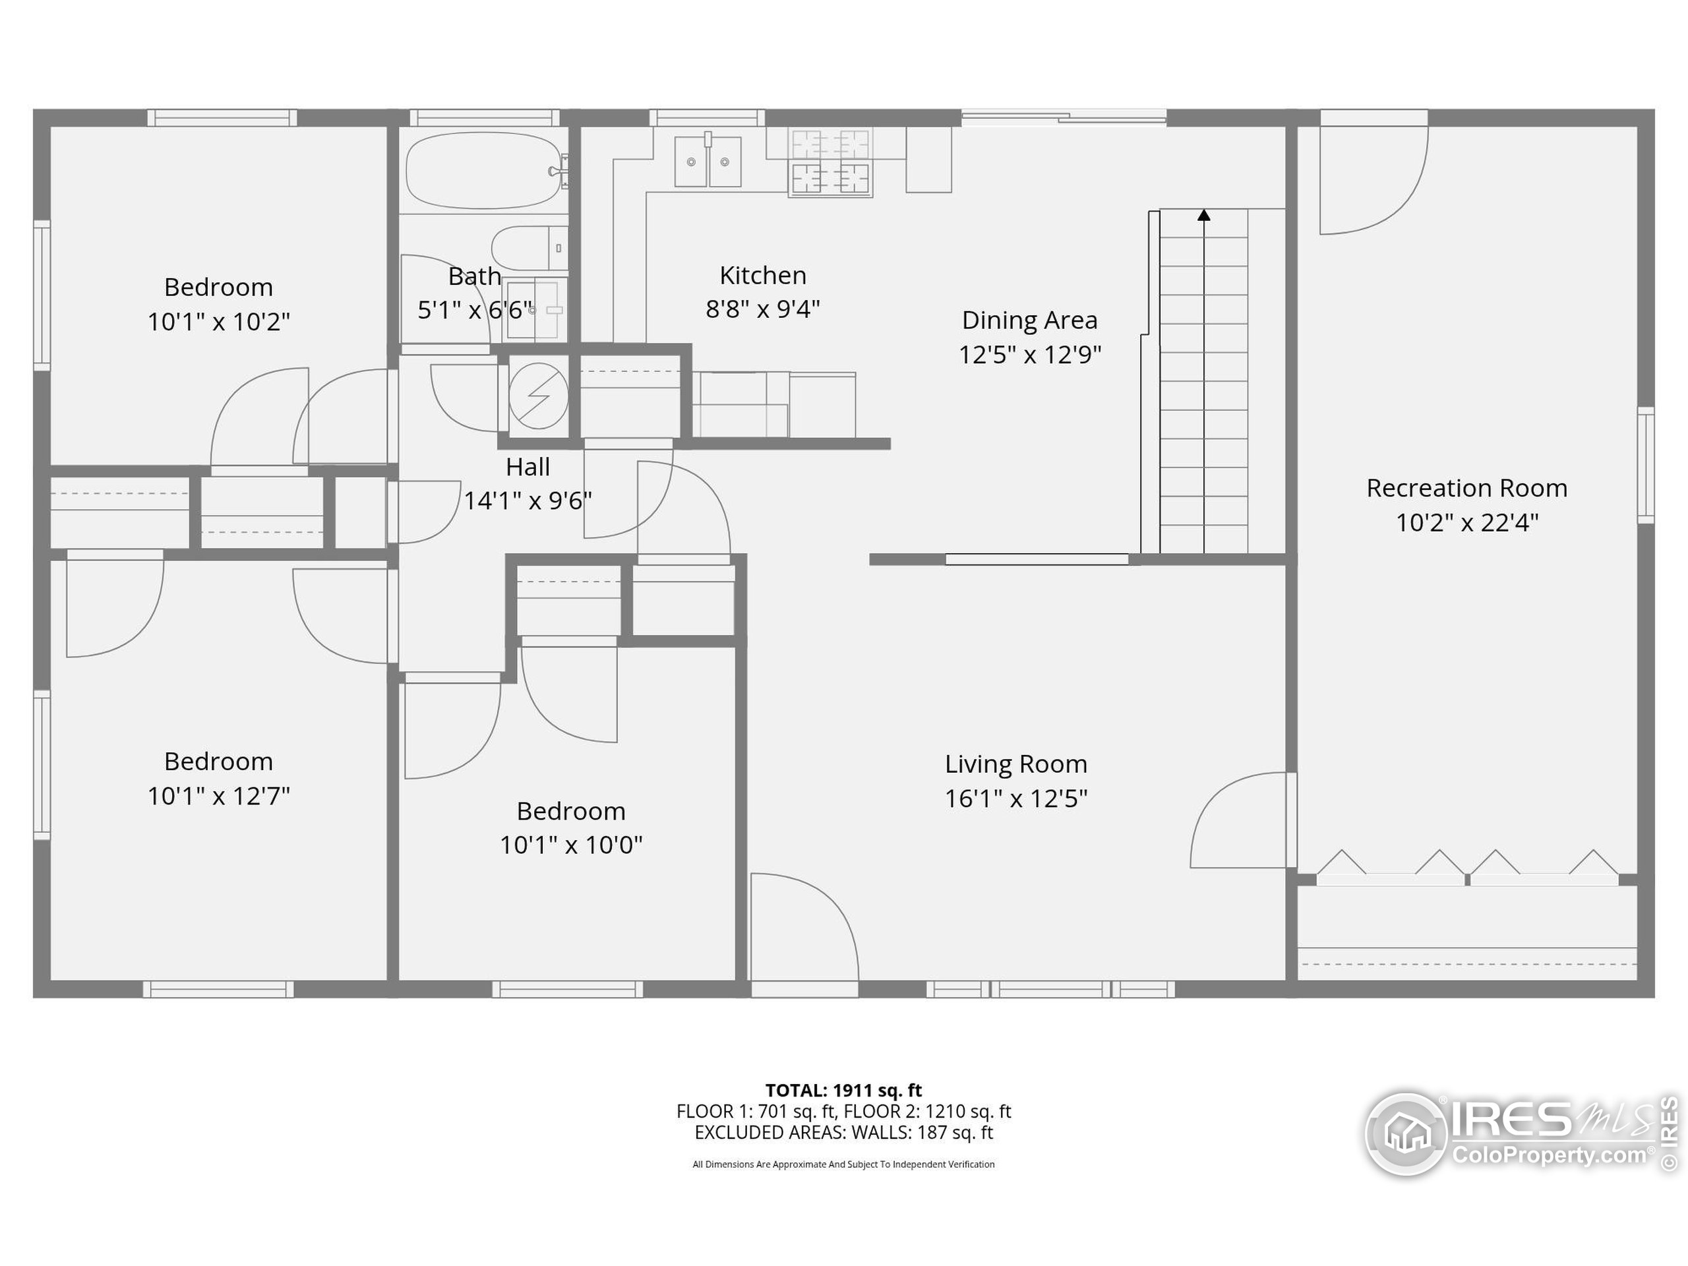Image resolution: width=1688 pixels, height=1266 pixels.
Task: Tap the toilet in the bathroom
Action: [528, 248]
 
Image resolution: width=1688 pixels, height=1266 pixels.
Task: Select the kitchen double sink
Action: [708, 161]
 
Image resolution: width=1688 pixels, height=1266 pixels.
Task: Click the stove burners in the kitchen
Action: [830, 161]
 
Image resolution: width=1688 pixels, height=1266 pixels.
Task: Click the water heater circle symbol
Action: [538, 395]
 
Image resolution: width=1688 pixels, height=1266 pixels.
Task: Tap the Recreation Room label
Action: [1466, 488]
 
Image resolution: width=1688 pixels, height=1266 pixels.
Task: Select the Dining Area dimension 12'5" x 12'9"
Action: [1029, 355]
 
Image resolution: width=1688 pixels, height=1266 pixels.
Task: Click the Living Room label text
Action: [1015, 764]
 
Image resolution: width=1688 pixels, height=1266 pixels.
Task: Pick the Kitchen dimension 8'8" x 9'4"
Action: [762, 309]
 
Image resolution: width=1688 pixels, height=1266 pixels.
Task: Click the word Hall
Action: [527, 466]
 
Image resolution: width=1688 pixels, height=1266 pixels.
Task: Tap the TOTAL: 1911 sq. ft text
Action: [843, 1090]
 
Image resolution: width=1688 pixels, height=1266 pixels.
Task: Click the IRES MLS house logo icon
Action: [1406, 1133]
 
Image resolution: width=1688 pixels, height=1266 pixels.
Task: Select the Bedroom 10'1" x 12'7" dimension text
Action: [218, 796]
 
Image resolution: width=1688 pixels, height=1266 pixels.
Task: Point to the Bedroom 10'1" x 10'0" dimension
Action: [571, 845]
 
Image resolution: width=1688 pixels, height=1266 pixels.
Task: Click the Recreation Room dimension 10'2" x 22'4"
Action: [1466, 523]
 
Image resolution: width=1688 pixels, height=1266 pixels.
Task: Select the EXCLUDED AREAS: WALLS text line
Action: [843, 1132]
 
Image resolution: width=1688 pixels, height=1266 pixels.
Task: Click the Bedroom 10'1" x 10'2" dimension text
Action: [218, 322]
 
